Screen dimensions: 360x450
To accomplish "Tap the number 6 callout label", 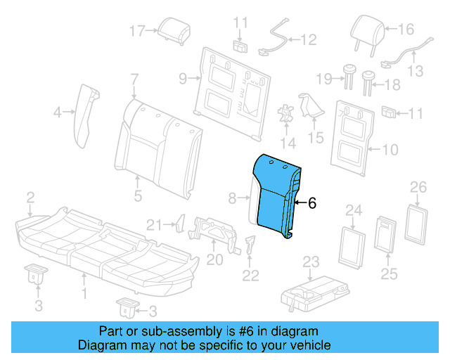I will [312, 203].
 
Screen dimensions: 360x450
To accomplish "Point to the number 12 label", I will [310, 41].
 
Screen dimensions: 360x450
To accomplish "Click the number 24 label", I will [354, 210].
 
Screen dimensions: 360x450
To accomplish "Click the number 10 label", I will [392, 149].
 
